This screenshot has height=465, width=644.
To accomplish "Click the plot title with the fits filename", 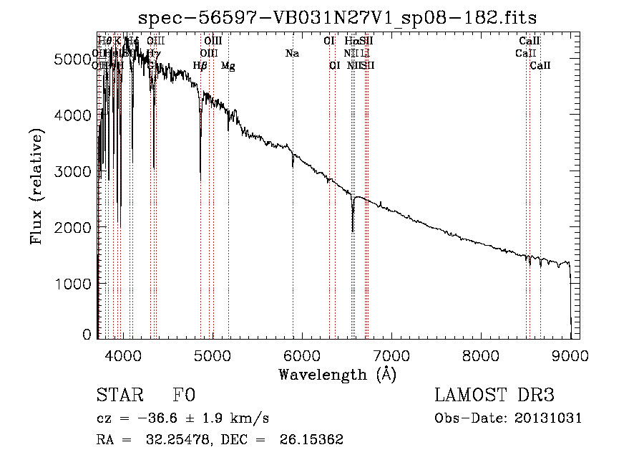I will (x=337, y=16).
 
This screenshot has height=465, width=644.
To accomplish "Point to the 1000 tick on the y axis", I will (x=73, y=284).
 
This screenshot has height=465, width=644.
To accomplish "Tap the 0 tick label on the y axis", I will (x=87, y=335).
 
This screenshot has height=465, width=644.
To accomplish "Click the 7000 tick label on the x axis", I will (x=391, y=355).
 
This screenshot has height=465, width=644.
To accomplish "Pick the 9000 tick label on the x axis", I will (x=570, y=355).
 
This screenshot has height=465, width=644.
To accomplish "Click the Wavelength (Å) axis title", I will (x=337, y=374).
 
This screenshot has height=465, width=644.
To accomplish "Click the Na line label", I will (x=292, y=53).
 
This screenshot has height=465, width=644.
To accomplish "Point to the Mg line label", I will (x=228, y=66).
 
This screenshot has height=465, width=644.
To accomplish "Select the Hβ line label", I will (x=200, y=66).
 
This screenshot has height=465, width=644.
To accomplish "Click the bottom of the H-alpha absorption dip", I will (x=353, y=231).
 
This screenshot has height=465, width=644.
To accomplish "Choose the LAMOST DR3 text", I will (x=494, y=396).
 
